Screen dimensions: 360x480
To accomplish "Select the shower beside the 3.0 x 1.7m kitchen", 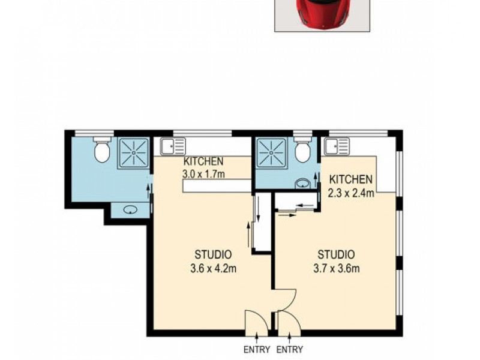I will [x=133, y=152].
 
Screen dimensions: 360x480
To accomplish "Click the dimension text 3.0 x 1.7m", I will [x=204, y=174].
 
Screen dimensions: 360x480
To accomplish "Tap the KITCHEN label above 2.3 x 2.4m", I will [x=352, y=179].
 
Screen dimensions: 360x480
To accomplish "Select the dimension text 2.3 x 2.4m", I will [x=352, y=193].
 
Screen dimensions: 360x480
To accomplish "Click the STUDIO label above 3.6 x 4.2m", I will [x=213, y=254].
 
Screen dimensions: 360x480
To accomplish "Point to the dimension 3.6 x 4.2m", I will [x=213, y=269].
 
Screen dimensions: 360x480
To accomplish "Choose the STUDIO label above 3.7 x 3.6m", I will [x=336, y=254].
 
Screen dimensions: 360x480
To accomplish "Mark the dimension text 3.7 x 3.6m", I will [x=336, y=268].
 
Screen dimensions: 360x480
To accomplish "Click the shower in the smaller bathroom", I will [x=272, y=152].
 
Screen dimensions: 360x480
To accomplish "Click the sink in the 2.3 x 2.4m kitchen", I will [x=337, y=146].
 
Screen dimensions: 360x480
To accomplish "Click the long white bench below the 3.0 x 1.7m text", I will [x=217, y=186].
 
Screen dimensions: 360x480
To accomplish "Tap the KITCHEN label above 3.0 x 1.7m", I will [x=204, y=161].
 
